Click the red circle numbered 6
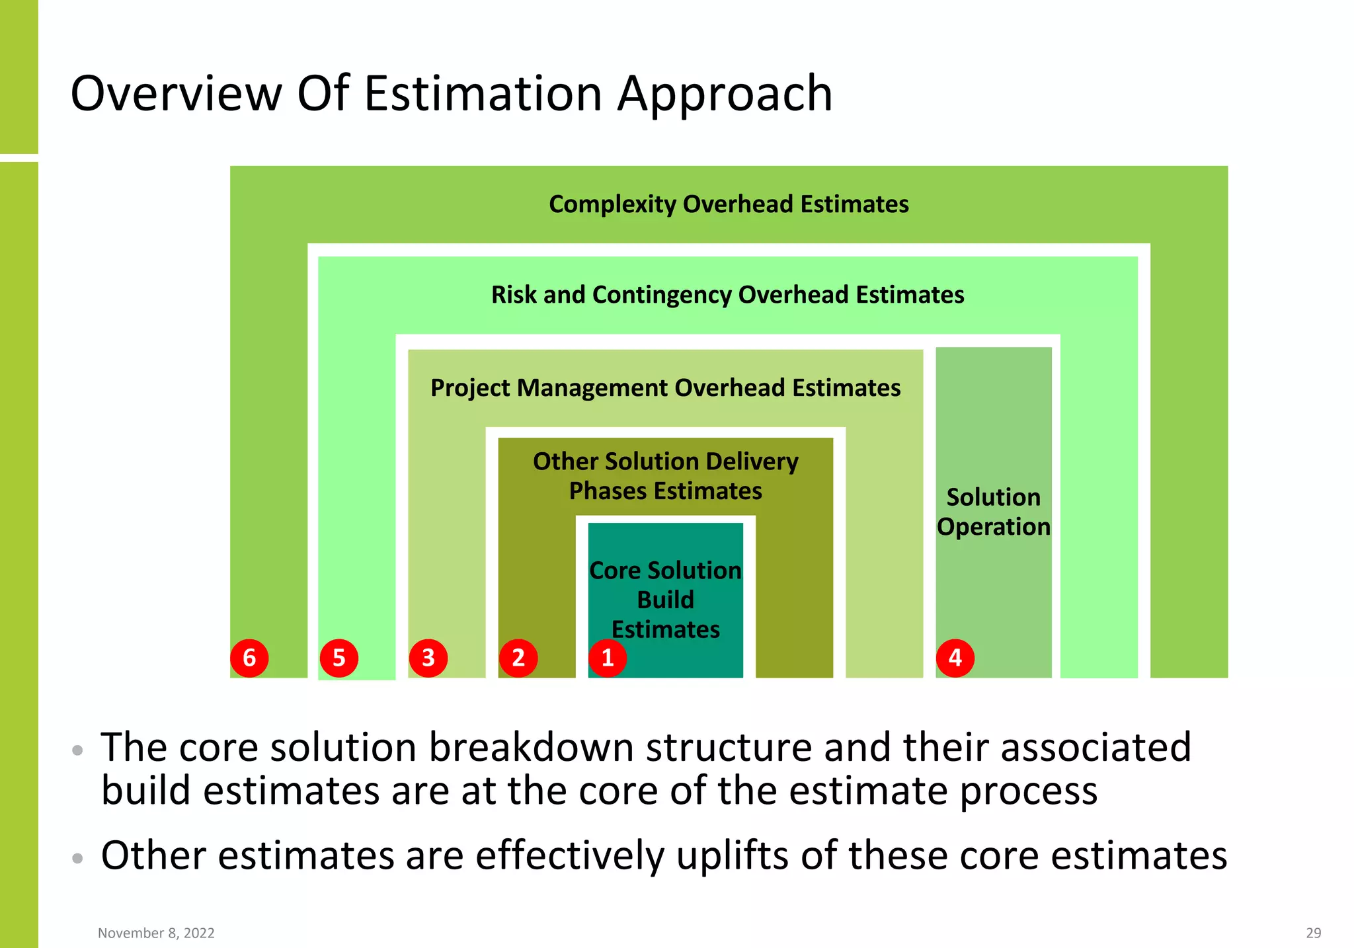click(x=249, y=658)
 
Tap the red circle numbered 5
click(x=338, y=658)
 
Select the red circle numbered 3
click(x=428, y=658)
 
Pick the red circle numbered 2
click(x=518, y=658)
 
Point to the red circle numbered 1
click(x=608, y=658)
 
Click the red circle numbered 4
click(x=955, y=658)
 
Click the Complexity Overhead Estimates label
click(x=729, y=204)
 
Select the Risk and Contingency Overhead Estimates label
click(x=727, y=295)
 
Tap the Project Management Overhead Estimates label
click(x=665, y=388)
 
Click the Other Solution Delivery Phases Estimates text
click(x=665, y=476)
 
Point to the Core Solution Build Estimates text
click(x=665, y=600)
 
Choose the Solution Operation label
click(x=993, y=512)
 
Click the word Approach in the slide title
click(x=725, y=93)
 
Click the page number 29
click(x=1313, y=933)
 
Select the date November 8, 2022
click(x=156, y=933)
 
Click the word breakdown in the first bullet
click(x=532, y=748)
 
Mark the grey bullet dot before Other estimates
click(x=78, y=858)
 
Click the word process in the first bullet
click(x=1028, y=791)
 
